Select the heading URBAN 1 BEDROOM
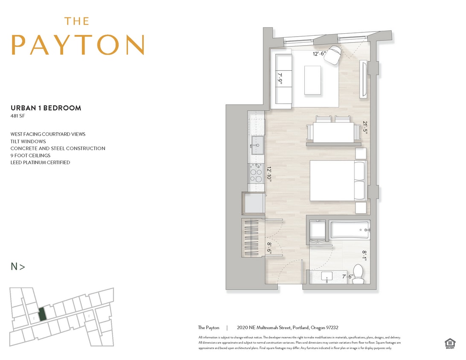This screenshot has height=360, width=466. (x=46, y=108)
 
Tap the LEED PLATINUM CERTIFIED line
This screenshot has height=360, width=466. (x=40, y=163)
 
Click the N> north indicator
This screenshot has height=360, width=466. (x=17, y=267)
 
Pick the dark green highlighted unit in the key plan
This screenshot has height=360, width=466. (x=41, y=314)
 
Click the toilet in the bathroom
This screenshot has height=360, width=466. (x=358, y=273)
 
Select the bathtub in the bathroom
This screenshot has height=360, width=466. (x=349, y=231)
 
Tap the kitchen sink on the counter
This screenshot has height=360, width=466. (x=257, y=144)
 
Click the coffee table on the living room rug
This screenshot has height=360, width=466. (x=312, y=81)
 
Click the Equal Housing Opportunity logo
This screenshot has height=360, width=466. (x=449, y=343)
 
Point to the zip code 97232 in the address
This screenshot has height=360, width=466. (x=332, y=328)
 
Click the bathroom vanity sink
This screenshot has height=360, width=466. (x=328, y=277)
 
